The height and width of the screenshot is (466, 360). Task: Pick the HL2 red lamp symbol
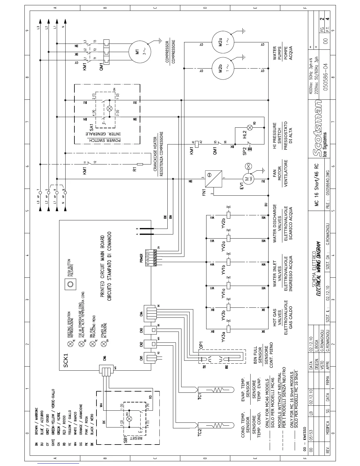pyautogui.click(x=250, y=127)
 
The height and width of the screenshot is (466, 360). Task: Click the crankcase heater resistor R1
pyautogui.click(x=140, y=164)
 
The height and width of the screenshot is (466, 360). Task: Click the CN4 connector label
pyautogui.click(x=141, y=314)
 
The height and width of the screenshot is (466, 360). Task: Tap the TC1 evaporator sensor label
pyautogui.click(x=200, y=396)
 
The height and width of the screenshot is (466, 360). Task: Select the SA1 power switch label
pyautogui.click(x=91, y=127)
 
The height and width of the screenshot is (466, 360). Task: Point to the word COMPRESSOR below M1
pyautogui.click(x=167, y=52)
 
